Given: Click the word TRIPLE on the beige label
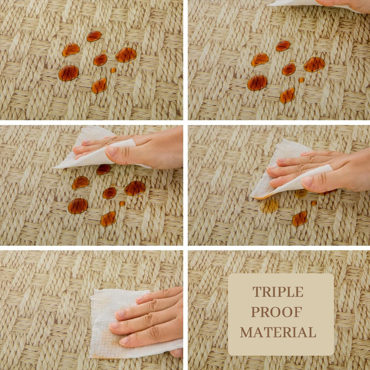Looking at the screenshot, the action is click(x=278, y=292).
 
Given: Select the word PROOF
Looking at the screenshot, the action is click(x=277, y=312).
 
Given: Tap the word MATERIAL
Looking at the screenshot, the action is click(x=278, y=332).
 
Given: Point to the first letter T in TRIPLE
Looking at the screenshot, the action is click(x=257, y=292).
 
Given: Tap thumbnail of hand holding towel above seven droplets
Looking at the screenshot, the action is click(x=91, y=185).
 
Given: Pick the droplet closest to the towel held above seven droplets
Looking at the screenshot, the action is click(x=104, y=169).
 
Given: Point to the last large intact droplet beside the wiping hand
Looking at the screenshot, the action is click(x=300, y=218).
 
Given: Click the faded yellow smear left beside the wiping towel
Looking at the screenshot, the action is click(x=270, y=205).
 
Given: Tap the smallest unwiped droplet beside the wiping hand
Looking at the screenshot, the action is click(x=314, y=203).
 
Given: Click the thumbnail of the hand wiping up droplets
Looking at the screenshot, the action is click(x=279, y=185).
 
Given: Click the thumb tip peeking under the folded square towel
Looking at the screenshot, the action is click(x=176, y=352).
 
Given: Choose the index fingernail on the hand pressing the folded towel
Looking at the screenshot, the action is click(x=121, y=314).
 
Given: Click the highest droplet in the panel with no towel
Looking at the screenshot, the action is click(x=94, y=36).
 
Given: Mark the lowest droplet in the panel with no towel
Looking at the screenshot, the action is click(x=99, y=86).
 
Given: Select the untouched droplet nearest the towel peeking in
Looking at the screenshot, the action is click(x=283, y=46).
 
